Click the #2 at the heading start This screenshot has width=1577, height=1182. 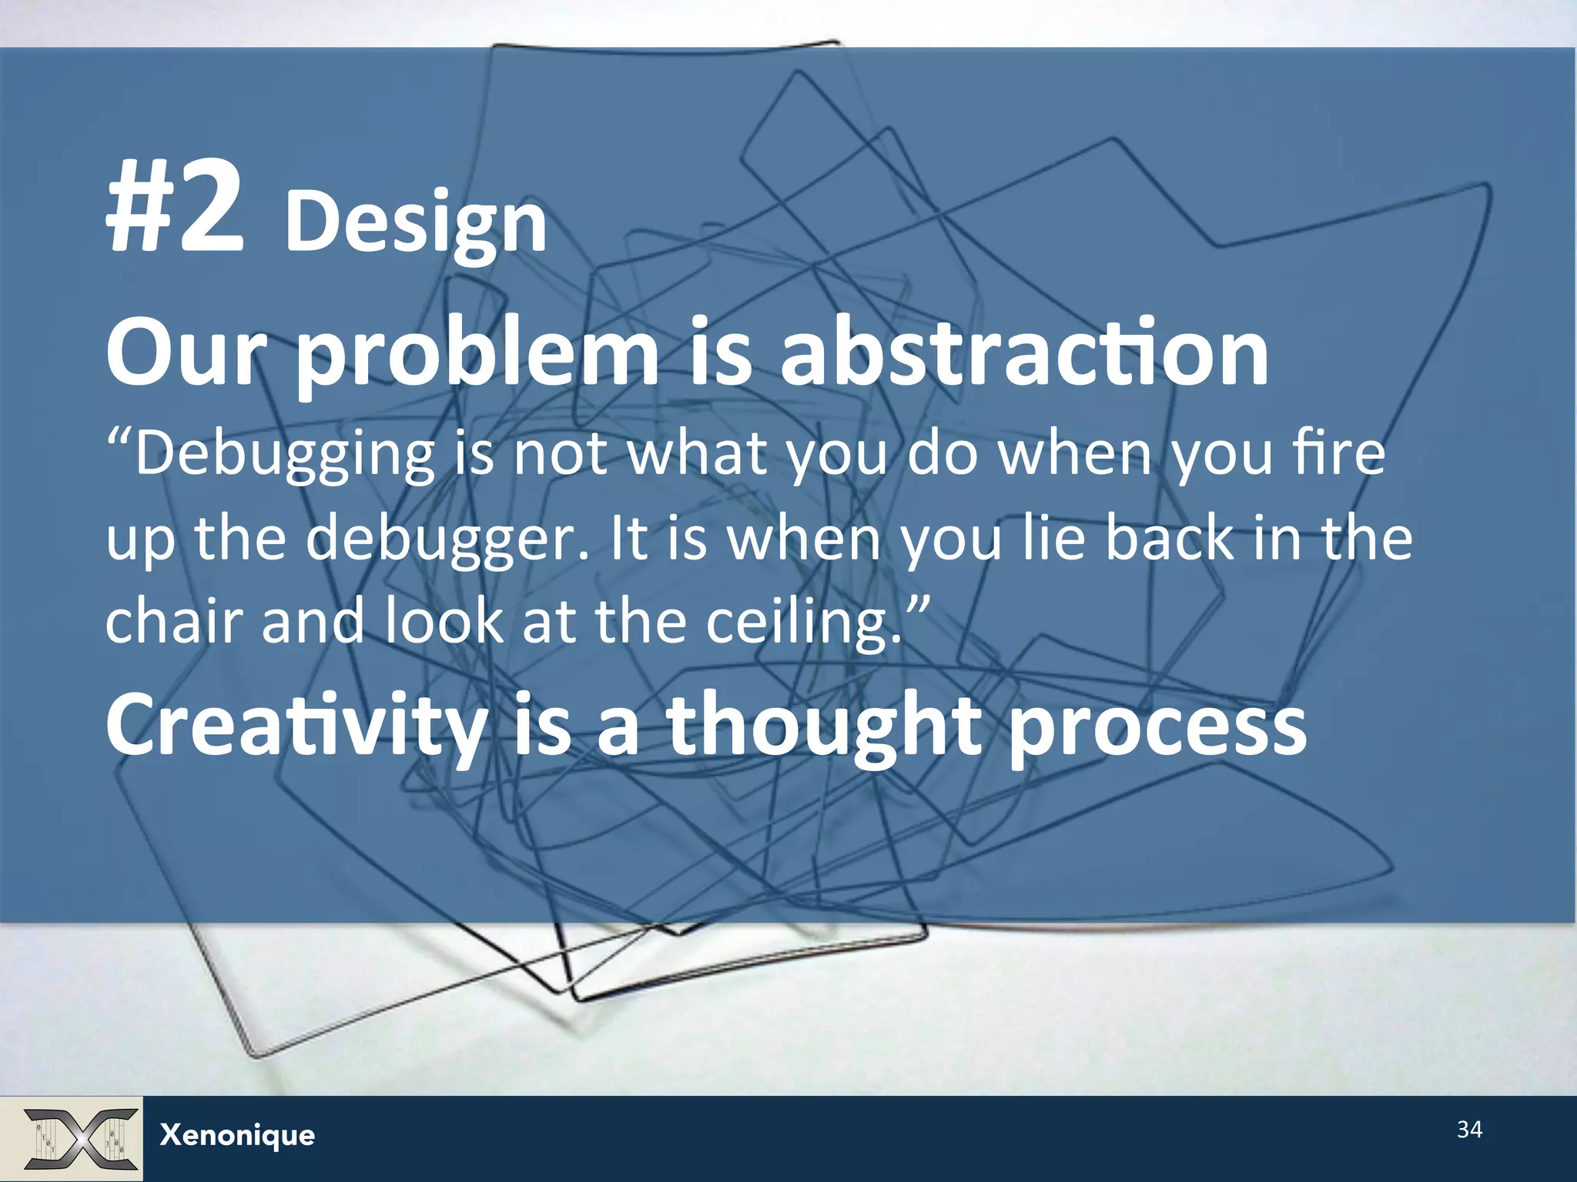coord(176,206)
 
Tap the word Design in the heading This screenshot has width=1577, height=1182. coord(416,222)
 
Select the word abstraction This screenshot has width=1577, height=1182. coord(1024,353)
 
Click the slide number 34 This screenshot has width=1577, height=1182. coord(1469,1130)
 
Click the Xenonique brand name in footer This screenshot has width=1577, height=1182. coord(237,1135)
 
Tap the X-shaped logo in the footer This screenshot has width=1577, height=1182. coord(80,1138)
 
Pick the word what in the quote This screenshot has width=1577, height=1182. coord(697,454)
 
